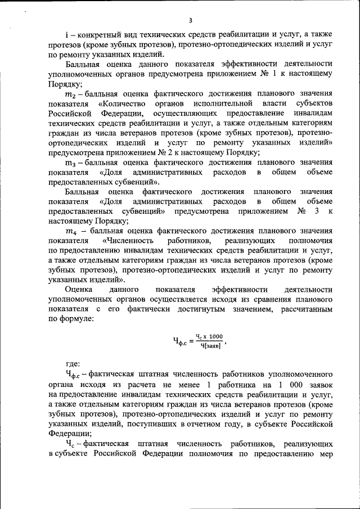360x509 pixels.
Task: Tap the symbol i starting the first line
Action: pyautogui.click(x=66, y=35)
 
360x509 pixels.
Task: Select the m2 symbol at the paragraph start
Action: pyautogui.click(x=70, y=94)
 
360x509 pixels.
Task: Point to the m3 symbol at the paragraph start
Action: pyautogui.click(x=70, y=162)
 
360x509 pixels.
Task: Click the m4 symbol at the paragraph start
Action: pyautogui.click(x=70, y=231)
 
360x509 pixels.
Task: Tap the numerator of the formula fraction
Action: pyautogui.click(x=209, y=336)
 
